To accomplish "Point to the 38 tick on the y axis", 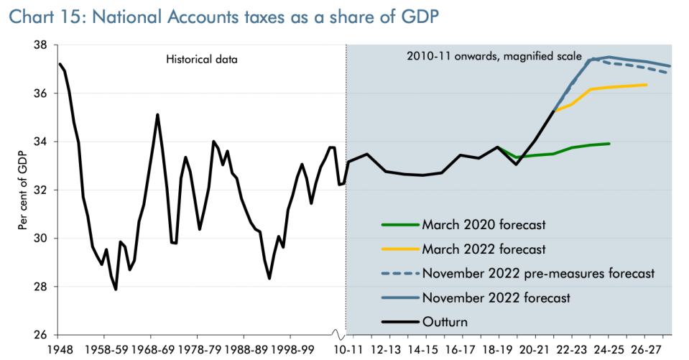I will coord(41,45).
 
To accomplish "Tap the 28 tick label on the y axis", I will coord(41,287).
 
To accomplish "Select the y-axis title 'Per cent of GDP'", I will coord(22,190).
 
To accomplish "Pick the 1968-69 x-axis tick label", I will coord(151,349).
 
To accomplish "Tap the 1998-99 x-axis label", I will coord(290,349).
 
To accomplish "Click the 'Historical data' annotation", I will coord(198,60).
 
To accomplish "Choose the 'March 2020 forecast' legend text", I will coord(484,225).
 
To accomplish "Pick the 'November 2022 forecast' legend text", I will coord(496,297).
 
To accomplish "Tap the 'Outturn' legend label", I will coord(445,322).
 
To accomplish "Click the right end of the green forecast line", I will coord(610,144).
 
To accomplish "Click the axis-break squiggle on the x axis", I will coord(337,336).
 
